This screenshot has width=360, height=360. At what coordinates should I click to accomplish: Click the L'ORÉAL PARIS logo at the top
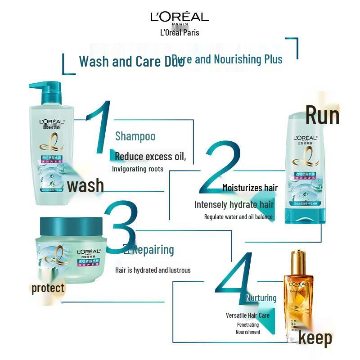[180, 18]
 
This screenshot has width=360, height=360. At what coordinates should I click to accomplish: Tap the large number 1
[100, 128]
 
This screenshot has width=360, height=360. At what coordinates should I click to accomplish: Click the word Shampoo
[135, 136]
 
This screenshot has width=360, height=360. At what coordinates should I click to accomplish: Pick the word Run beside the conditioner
[322, 115]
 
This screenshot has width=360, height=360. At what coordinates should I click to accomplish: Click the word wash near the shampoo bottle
[85, 185]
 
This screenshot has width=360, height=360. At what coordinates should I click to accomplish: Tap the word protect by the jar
[48, 288]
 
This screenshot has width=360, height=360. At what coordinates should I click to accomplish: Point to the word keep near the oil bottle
[315, 338]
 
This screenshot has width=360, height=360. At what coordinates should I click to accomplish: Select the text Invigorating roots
[138, 169]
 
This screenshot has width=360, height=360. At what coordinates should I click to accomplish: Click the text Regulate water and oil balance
[238, 217]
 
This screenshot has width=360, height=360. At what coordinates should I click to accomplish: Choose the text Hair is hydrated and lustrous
[153, 270]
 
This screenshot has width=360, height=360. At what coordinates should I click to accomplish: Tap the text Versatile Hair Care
[247, 315]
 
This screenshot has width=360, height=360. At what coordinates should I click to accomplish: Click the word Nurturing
[261, 298]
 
